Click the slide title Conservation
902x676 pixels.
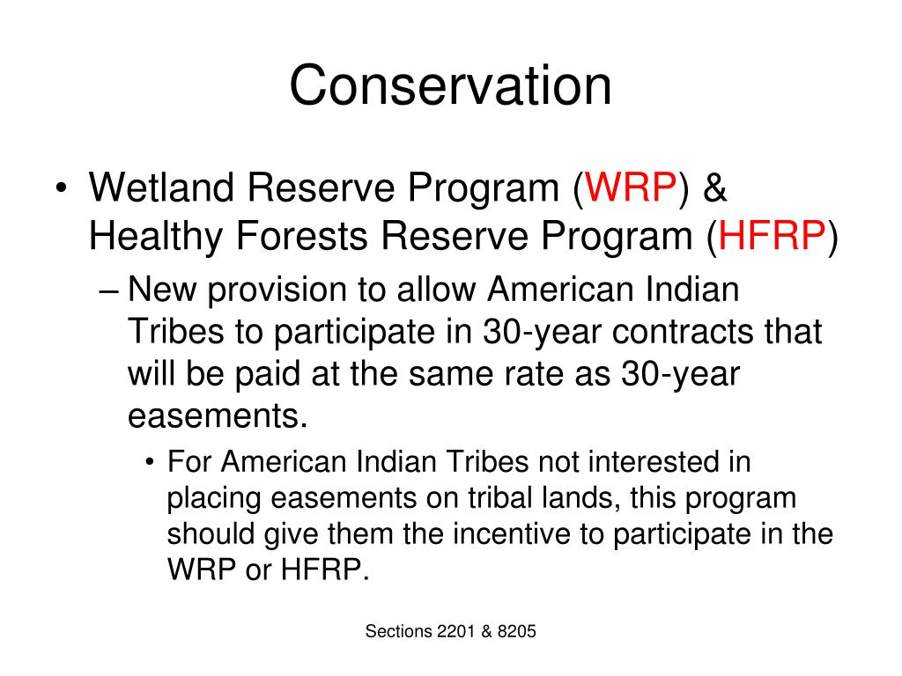pos(450,85)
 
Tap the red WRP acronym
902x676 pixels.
pos(631,187)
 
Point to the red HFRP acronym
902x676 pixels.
pos(772,236)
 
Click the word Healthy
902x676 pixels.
pos(155,237)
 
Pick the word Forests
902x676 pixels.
pos(302,236)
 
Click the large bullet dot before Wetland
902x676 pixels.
pos(62,188)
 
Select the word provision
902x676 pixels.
pos(277,290)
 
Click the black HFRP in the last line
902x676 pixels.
pos(324,569)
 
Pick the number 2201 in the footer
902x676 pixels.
pos(456,631)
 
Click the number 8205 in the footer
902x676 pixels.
pos(516,631)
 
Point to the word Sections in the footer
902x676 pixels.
pos(399,631)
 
